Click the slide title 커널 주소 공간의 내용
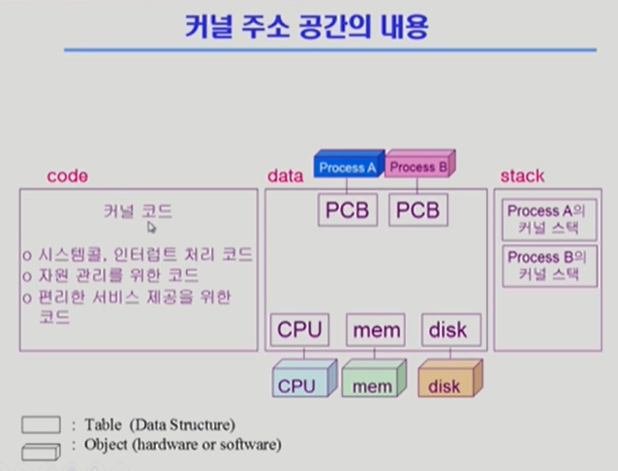(307, 26)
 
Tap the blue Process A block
(348, 166)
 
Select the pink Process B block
(418, 166)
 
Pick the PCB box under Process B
(418, 210)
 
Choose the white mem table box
(376, 330)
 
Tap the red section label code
(67, 176)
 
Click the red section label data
(286, 176)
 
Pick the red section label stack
(522, 176)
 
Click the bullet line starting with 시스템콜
(139, 255)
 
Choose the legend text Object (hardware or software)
(176, 446)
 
